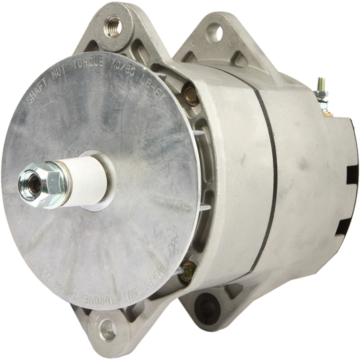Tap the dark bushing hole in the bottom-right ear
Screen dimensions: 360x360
coord(206,307)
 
